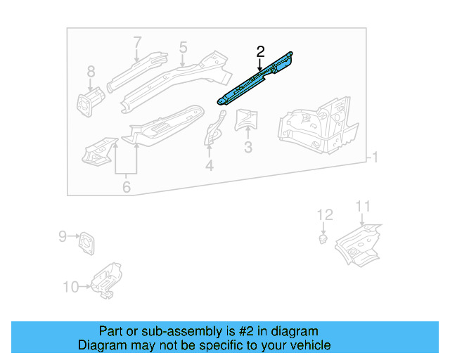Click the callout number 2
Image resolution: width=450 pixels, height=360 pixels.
coord(260,51)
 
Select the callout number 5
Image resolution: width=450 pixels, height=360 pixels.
coord(183,47)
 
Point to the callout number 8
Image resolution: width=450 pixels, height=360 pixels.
coord(91,71)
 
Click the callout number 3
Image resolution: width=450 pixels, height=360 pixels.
coord(247,147)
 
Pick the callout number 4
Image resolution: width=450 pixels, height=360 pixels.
coord(209,166)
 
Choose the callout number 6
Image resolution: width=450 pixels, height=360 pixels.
coord(126,187)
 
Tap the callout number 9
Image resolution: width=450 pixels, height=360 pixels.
coord(62,236)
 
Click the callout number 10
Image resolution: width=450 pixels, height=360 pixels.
coord(71,286)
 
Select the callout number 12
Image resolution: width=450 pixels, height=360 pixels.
coord(323,214)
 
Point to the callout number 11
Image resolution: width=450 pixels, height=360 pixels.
coord(362,205)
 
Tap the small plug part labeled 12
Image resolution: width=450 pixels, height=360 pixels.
coord(323,240)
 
